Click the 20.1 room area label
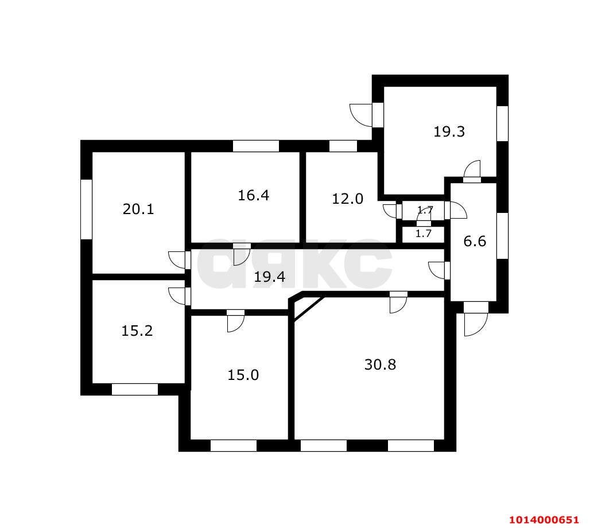click(138, 209)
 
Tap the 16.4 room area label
click(253, 195)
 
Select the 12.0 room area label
click(347, 199)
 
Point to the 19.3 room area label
click(449, 132)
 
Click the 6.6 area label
click(475, 241)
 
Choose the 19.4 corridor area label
click(269, 277)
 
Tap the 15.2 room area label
click(137, 331)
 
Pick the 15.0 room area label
click(243, 375)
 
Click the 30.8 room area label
click(380, 364)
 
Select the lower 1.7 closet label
click(424, 234)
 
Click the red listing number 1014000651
click(544, 520)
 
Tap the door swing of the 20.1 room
click(177, 259)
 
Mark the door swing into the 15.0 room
click(236, 323)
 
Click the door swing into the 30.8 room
click(398, 304)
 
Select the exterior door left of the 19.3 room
click(361, 115)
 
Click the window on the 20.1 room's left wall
click(87, 209)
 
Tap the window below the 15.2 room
click(135, 390)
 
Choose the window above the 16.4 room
click(256, 146)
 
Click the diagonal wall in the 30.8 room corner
click(309, 309)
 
